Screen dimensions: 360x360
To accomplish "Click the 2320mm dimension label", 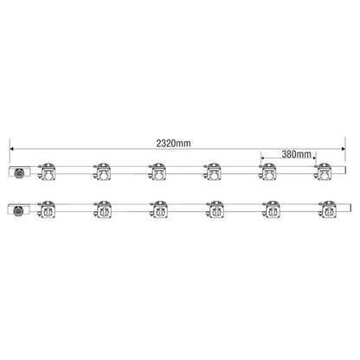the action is tap(173, 143).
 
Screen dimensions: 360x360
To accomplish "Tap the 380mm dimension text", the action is tap(297, 154).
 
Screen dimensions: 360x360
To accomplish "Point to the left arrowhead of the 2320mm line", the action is tap(12, 149).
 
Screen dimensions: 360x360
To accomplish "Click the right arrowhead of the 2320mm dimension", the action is tap(344, 149).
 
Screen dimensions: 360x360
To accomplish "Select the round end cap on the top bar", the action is tap(20, 172).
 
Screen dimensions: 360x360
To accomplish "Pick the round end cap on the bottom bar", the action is tap(18, 210).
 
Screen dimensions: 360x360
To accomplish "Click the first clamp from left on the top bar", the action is tap(47, 171).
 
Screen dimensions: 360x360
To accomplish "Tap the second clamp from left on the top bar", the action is tap(102, 171).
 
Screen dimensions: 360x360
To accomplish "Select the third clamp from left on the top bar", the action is tap(157, 171).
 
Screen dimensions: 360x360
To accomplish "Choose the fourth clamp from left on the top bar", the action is tap(213, 171).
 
